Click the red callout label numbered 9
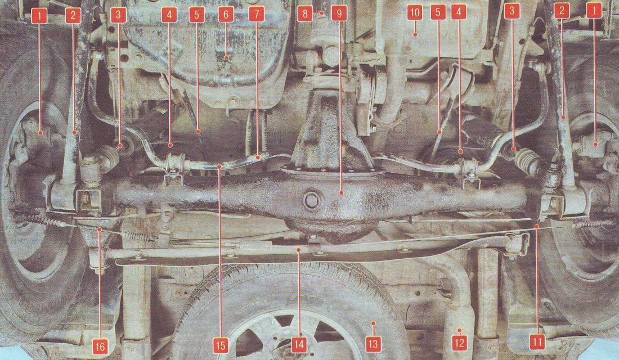[x=339, y=14]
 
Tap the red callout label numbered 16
[x=101, y=346]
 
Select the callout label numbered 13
[x=373, y=344]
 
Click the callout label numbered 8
[x=305, y=14]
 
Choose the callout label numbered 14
[x=299, y=345]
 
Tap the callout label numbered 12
[x=460, y=342]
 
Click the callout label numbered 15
[x=221, y=346]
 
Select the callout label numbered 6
[x=226, y=15]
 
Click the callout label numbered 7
[x=257, y=15]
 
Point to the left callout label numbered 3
[x=118, y=15]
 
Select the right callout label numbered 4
[x=459, y=12]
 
